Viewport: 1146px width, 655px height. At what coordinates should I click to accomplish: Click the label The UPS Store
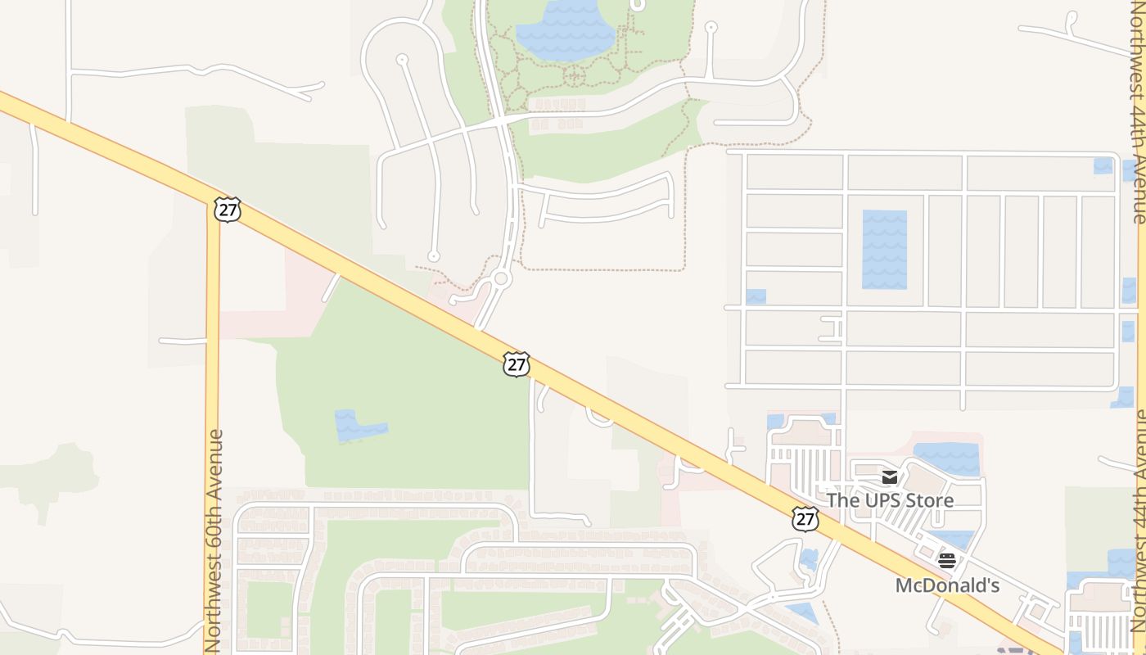click(x=890, y=499)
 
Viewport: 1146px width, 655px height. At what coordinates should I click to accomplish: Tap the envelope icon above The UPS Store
click(x=890, y=477)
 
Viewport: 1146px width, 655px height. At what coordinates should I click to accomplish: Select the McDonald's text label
click(x=947, y=585)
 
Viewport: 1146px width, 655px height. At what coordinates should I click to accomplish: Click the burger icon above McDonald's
click(x=947, y=561)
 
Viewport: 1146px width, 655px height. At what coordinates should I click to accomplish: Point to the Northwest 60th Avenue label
click(x=214, y=540)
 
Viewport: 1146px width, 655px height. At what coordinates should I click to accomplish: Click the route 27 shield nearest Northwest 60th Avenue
click(x=228, y=209)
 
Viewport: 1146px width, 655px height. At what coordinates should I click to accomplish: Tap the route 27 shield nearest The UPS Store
click(x=805, y=518)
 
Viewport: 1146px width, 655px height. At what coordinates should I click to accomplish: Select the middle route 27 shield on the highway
click(x=517, y=364)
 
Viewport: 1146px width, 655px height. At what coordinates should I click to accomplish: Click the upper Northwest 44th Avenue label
click(x=1139, y=115)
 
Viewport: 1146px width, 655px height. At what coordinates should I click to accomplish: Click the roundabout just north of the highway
click(x=502, y=279)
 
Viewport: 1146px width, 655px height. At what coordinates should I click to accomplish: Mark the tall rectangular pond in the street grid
click(x=884, y=250)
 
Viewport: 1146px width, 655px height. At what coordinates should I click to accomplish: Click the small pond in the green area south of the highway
click(x=359, y=426)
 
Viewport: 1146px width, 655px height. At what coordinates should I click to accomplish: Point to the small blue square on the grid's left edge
click(x=756, y=296)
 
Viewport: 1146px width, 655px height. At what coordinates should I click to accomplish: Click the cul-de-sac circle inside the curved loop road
click(x=402, y=60)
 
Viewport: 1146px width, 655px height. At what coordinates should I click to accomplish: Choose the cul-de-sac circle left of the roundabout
click(x=434, y=256)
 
